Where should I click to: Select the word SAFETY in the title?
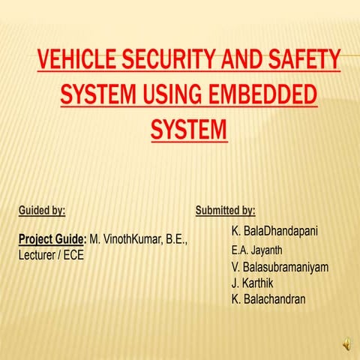[x=303, y=60]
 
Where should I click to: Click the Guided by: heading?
[x=41, y=211]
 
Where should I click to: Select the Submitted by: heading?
[x=225, y=211]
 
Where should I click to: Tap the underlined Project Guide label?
[x=51, y=240]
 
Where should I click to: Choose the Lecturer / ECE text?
[x=50, y=255]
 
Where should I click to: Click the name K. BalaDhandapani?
[x=274, y=232]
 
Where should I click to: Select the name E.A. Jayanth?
[x=258, y=250]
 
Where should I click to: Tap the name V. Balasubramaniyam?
[x=280, y=267]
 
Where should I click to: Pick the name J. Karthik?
[x=255, y=283]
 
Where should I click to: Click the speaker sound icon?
[x=346, y=343]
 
